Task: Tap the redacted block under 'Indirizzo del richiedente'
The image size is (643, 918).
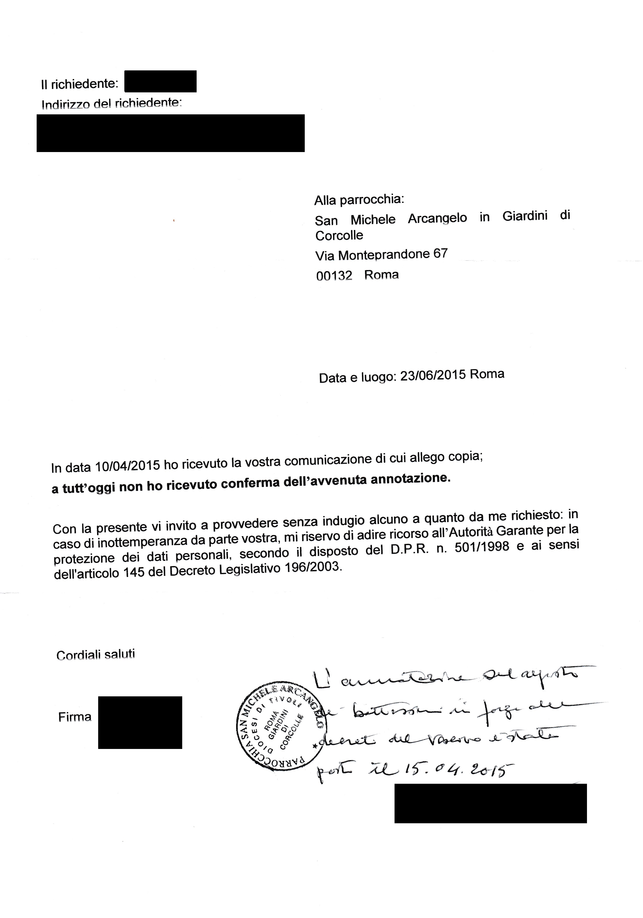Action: (x=170, y=133)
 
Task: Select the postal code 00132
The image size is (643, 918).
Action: (x=334, y=276)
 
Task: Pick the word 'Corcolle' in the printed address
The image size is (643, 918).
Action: (x=339, y=236)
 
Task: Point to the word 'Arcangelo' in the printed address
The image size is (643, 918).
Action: (x=437, y=218)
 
